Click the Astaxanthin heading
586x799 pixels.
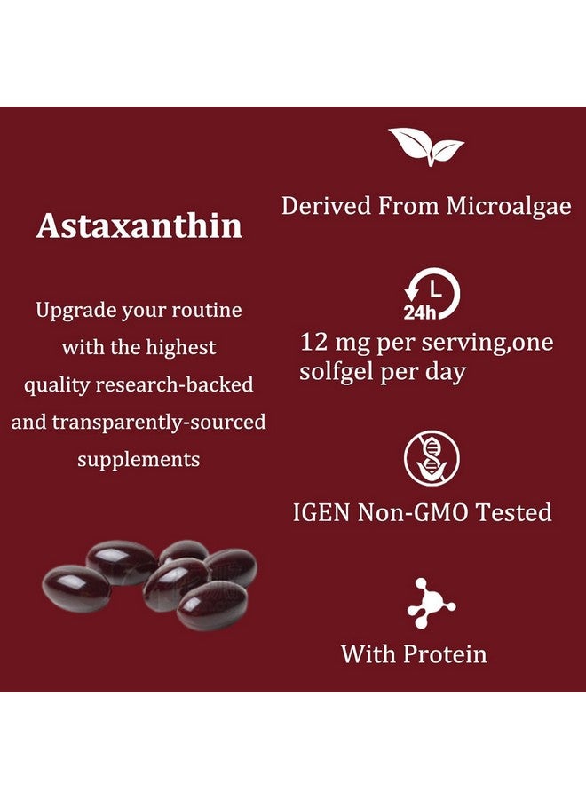tap(139, 225)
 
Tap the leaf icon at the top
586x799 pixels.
tap(426, 146)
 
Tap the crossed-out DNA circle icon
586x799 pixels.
tap(432, 458)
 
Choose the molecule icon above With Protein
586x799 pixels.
tap(432, 604)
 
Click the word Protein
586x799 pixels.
tap(446, 655)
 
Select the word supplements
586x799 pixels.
tap(139, 460)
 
